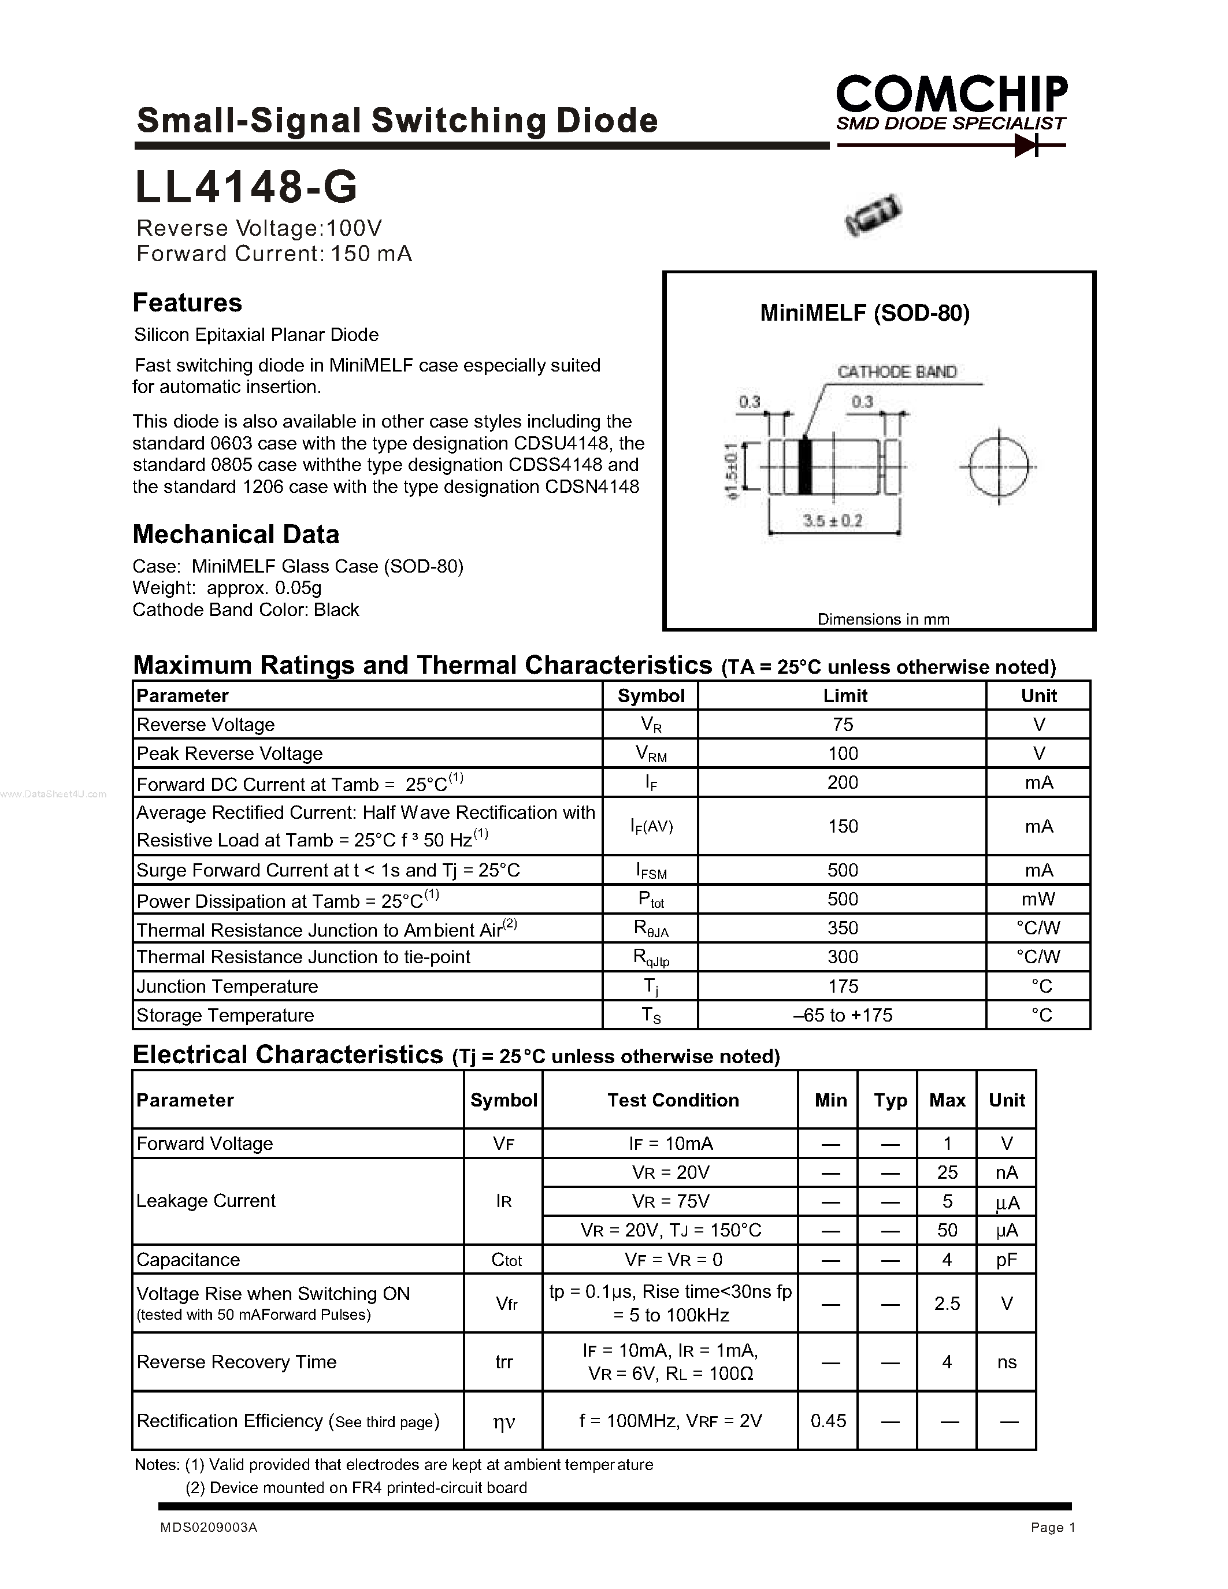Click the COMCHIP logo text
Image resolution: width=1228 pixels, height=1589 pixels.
tap(951, 95)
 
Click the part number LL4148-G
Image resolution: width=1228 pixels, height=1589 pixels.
tap(246, 187)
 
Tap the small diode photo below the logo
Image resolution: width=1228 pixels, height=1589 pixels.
tap(874, 214)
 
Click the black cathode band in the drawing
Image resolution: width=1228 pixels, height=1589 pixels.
tap(804, 466)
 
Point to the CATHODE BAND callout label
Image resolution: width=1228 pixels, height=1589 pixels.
tap(896, 372)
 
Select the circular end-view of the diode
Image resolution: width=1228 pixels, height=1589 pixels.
tap(999, 466)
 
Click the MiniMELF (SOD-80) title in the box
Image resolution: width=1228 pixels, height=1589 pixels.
tap(865, 313)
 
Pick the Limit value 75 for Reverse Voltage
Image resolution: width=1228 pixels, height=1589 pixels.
tap(843, 725)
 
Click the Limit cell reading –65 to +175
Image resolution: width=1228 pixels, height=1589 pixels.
tap(843, 1015)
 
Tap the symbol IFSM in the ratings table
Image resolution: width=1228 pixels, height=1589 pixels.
tap(651, 871)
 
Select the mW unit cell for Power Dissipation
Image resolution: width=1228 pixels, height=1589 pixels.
tap(1038, 899)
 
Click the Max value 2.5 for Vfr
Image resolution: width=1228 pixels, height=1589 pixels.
tap(947, 1303)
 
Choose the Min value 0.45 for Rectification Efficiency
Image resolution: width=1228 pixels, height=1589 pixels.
tap(828, 1421)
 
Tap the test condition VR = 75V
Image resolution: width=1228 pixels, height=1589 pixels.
tap(670, 1201)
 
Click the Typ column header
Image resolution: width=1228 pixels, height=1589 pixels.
tap(890, 1100)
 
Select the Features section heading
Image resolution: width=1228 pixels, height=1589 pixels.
tap(187, 303)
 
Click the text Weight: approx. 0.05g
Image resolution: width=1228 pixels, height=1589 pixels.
tap(227, 588)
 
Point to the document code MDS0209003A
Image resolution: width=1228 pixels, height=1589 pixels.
tap(209, 1528)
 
